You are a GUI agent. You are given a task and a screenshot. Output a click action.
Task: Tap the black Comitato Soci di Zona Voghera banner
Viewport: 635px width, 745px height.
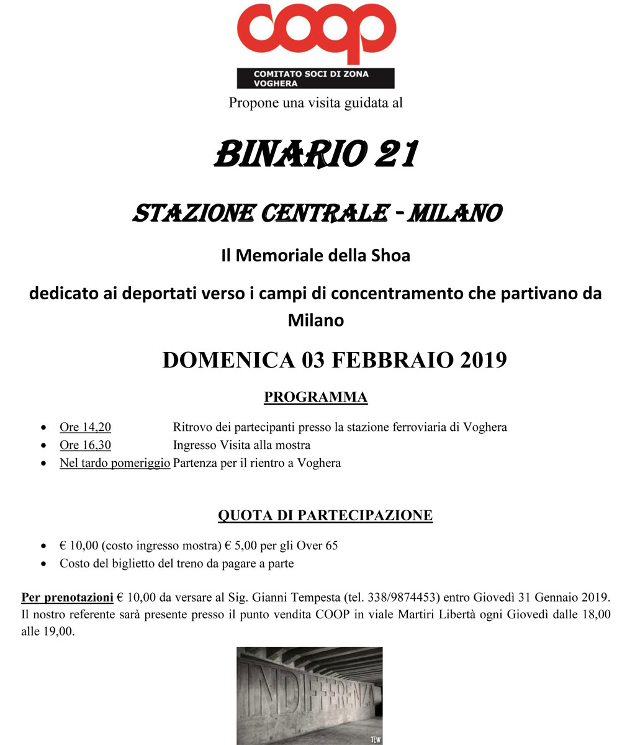tap(315, 78)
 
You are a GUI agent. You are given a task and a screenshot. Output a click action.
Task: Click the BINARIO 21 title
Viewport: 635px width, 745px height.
tap(315, 154)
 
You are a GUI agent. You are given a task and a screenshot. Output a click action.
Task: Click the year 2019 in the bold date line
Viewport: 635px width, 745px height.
tap(483, 359)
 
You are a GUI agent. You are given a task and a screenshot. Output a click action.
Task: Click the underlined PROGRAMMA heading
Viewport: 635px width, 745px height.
tap(315, 397)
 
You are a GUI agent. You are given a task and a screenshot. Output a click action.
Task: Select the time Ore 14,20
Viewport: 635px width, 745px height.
tap(85, 427)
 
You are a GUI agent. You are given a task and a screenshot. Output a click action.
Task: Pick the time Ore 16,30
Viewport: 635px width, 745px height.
tap(85, 445)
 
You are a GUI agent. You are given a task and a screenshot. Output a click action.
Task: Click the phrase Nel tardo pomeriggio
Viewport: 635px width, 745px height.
tap(115, 463)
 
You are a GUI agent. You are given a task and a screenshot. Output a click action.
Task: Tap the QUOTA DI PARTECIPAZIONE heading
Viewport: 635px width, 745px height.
tap(325, 515)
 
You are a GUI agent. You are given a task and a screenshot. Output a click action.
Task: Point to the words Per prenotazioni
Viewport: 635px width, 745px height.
tap(67, 598)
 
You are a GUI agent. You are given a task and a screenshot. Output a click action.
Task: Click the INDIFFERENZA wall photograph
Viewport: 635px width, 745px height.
tap(309, 695)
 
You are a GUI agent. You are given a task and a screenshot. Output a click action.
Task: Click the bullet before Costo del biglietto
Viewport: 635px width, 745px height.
tap(43, 564)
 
